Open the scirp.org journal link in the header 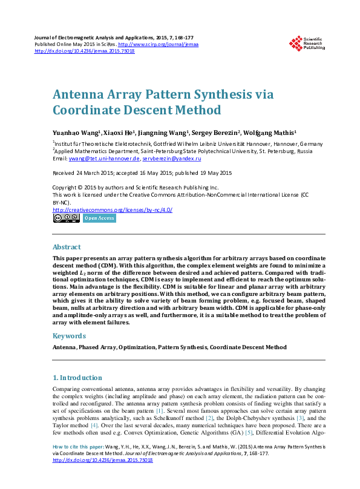point(159,44)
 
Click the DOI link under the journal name point(85,51)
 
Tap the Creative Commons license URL point(113,210)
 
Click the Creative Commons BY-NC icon point(66,218)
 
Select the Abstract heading point(67,247)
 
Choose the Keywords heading point(69,335)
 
